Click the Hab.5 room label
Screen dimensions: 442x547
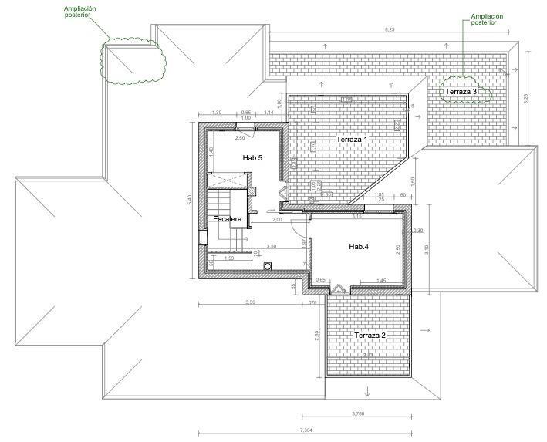tap(252, 157)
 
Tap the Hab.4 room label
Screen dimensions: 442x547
tap(360, 246)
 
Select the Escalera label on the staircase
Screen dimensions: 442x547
tap(228, 220)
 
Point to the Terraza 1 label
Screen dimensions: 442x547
tap(351, 140)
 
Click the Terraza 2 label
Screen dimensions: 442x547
tap(370, 336)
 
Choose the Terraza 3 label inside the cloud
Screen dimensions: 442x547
tap(461, 92)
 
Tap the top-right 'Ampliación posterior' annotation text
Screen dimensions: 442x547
tap(486, 19)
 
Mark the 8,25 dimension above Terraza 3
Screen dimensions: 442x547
tap(390, 29)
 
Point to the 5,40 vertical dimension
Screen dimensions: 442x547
tap(189, 199)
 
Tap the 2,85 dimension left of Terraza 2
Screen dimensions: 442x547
tap(316, 336)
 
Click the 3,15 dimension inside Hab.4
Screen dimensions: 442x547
tap(356, 217)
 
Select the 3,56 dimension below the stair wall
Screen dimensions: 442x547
tap(249, 302)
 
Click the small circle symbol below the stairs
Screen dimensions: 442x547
tap(267, 266)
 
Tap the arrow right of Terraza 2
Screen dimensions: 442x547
tap(427, 330)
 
